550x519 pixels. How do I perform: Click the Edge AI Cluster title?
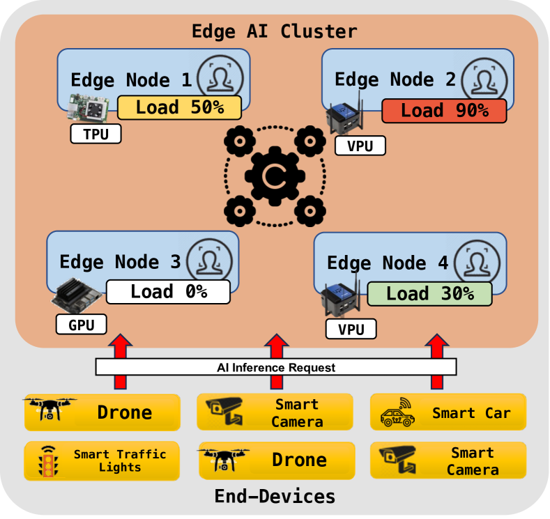[x=275, y=31]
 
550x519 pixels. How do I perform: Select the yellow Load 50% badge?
[x=179, y=107]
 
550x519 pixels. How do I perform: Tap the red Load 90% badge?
[x=444, y=111]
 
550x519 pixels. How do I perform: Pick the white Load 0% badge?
[x=168, y=291]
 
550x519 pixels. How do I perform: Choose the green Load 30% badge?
[x=429, y=293]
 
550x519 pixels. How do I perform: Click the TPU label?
[x=96, y=134]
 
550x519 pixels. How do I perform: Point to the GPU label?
[x=82, y=324]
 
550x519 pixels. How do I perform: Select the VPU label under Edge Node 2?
[x=360, y=146]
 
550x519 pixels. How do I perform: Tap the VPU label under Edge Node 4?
[x=351, y=329]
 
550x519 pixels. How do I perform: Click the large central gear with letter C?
[x=275, y=175]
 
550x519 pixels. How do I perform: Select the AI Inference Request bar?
[x=275, y=367]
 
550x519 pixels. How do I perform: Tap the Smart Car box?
[x=448, y=413]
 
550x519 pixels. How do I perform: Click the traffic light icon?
[x=48, y=461]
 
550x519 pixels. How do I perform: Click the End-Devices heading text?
[x=275, y=496]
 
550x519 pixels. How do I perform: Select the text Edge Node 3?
[x=120, y=262]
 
